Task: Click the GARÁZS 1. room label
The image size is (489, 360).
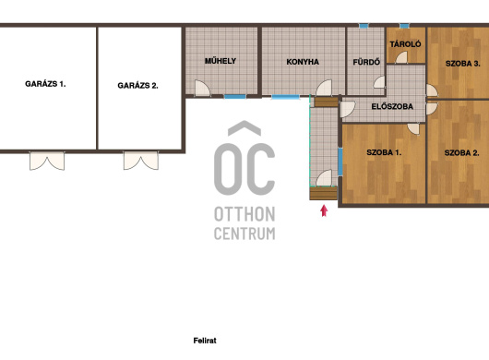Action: click(45, 84)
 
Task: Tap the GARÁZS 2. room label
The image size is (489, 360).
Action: click(137, 86)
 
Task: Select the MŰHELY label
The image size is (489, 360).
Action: click(221, 61)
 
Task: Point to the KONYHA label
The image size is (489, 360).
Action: click(303, 62)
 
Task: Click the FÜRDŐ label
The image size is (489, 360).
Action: click(366, 62)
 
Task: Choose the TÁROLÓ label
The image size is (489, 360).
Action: click(405, 44)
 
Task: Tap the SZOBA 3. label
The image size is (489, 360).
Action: click(463, 64)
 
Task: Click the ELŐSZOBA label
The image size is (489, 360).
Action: click(392, 106)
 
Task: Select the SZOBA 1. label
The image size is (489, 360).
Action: click(384, 152)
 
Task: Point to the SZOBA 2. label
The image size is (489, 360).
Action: click(462, 153)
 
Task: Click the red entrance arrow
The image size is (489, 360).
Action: click(324, 210)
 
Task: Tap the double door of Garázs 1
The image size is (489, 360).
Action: click(47, 161)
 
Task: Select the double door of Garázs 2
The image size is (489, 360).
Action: click(141, 161)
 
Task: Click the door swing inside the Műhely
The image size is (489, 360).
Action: click(202, 88)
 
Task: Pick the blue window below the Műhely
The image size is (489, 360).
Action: click(235, 97)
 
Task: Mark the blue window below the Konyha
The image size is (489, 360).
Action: click(286, 97)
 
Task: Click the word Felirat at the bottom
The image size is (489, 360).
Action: click(205, 341)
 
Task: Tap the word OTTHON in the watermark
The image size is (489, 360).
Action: click(244, 214)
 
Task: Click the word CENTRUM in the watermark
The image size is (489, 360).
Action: click(244, 234)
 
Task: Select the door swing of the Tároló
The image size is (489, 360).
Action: click(401, 58)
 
